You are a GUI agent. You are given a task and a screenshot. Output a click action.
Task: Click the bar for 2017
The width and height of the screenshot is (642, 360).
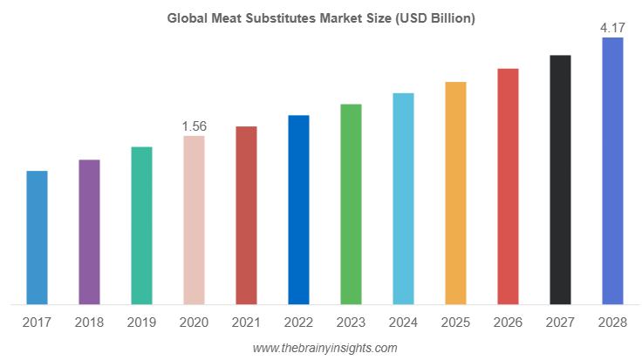tap(37, 237)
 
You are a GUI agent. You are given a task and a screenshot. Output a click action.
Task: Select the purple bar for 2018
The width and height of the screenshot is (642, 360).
tap(89, 232)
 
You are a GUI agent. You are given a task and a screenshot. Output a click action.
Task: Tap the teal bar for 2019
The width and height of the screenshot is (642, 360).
tap(141, 225)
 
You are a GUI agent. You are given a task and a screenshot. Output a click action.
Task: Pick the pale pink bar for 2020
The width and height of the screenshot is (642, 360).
tap(194, 220)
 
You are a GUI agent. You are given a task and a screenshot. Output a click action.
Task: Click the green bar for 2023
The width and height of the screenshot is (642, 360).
tap(351, 204)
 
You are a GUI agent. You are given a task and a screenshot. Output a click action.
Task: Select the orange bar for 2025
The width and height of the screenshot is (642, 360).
tap(455, 193)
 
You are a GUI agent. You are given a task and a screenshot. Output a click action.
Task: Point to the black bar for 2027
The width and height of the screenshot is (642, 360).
tap(560, 180)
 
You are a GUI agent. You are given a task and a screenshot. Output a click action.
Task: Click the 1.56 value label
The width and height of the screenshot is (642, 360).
tap(194, 126)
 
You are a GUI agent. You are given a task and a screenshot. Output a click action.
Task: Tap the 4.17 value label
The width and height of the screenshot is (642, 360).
tap(612, 29)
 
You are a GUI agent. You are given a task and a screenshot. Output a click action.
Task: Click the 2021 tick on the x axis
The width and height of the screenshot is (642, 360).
tap(246, 323)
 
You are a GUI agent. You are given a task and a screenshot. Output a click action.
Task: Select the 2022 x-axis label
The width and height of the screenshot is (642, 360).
tap(298, 323)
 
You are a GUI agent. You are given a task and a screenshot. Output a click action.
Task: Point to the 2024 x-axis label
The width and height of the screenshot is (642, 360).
tap(403, 323)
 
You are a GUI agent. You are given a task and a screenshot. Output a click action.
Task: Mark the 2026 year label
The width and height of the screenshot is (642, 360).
tap(508, 323)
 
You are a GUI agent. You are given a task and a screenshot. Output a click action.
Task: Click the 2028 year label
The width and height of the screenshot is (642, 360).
tap(612, 323)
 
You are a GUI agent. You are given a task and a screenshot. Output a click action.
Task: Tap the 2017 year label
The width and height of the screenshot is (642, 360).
tap(37, 323)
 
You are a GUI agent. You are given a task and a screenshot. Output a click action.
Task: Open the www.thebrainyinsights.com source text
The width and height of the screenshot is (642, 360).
tap(324, 348)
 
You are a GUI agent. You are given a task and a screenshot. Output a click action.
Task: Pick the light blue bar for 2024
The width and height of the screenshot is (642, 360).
tap(403, 199)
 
